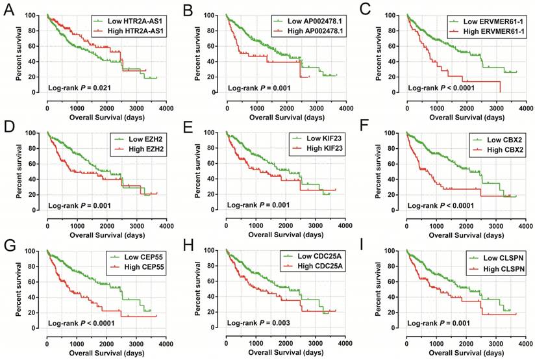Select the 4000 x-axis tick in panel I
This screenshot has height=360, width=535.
point(522,344)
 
